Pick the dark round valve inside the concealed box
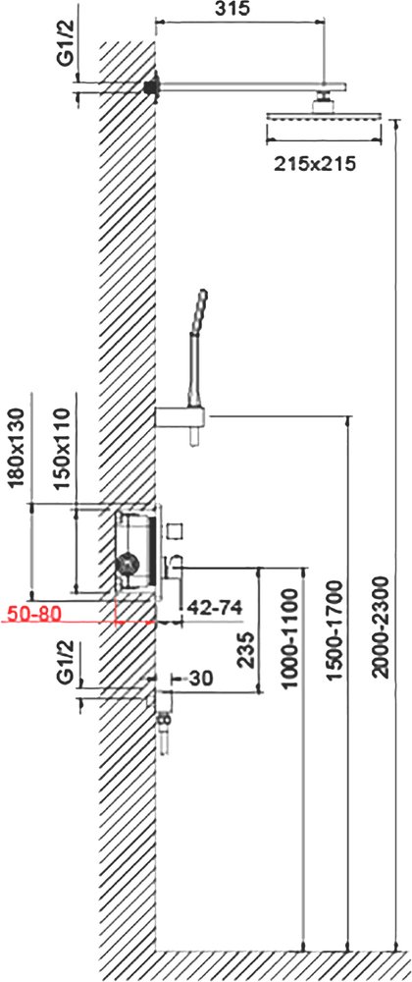click(126, 564)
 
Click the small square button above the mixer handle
click(176, 530)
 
